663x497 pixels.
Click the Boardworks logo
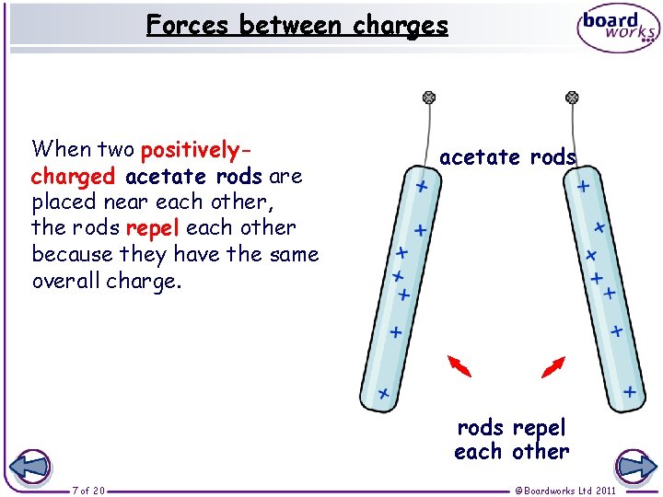point(618,29)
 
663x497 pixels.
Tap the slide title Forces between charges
point(297,24)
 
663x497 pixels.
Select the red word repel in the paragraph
point(154,227)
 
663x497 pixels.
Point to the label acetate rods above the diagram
point(507,157)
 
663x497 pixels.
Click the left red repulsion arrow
point(459,366)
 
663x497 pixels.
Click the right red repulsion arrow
point(553,366)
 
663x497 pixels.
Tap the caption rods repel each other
point(512,439)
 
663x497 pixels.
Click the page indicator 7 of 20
point(88,491)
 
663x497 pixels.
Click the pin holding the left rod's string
point(428,97)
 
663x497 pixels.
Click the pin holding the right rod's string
point(572,97)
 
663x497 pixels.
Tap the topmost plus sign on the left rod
point(421,187)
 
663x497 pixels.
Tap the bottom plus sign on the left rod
point(383,395)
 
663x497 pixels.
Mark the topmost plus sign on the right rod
point(583,187)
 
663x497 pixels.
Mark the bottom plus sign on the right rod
point(630,392)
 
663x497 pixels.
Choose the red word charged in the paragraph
point(73,175)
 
